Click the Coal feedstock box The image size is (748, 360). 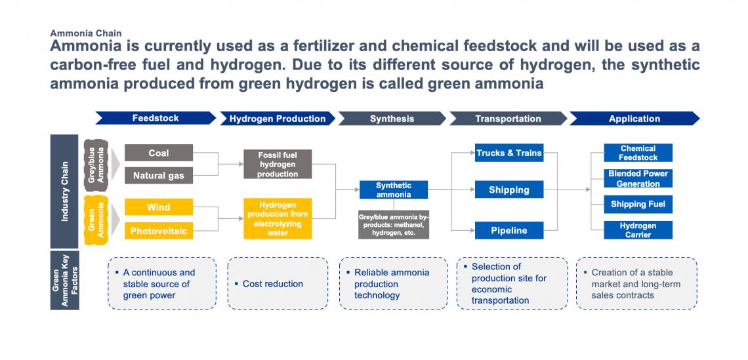[159, 153]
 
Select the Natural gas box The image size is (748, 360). [159, 176]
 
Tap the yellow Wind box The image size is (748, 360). [159, 207]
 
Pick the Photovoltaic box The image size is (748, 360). [159, 231]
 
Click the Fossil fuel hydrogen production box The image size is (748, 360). [278, 165]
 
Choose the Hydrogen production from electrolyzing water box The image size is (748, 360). [278, 218]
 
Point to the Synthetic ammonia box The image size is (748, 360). [394, 190]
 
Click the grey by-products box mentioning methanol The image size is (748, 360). [394, 225]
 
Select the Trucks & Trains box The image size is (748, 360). [509, 153]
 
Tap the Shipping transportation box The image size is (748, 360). [509, 190]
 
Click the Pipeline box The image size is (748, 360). [509, 230]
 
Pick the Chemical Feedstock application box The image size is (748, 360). [638, 153]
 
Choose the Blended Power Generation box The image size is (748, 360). [638, 178]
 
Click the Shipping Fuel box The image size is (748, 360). [638, 204]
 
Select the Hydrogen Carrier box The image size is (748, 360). [638, 230]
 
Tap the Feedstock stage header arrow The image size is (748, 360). [156, 118]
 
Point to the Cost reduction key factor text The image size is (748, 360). [273, 284]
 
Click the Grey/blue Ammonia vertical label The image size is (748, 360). [96, 165]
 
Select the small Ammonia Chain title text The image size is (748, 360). [86, 33]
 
